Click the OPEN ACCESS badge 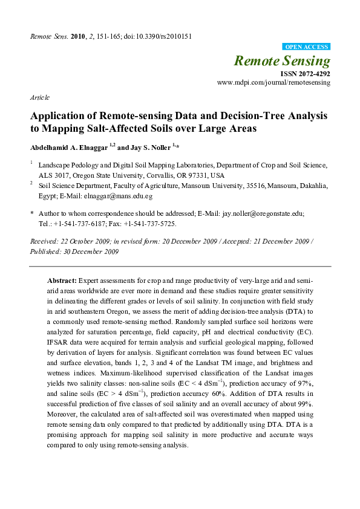point(306,47)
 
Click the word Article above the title point(39,97)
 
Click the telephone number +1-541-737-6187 point(81,223)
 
